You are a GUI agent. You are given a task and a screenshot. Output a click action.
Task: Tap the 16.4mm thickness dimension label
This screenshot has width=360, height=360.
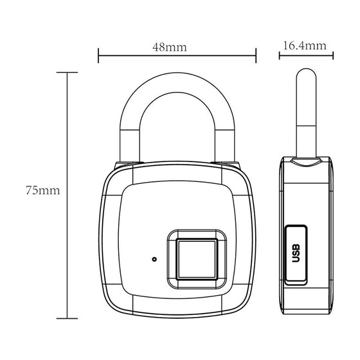click(x=303, y=46)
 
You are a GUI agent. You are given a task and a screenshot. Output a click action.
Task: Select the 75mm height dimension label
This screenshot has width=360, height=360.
click(x=40, y=191)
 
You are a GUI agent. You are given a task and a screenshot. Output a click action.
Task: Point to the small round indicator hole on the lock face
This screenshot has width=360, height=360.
click(x=154, y=260)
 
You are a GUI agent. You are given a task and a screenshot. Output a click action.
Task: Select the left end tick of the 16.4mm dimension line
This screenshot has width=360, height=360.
click(x=279, y=56)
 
